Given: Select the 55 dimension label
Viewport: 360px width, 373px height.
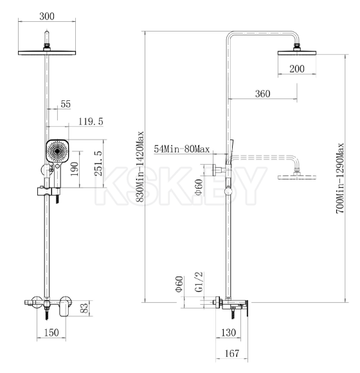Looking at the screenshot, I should (65, 104).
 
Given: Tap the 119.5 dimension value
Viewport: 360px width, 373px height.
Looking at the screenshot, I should (90, 122).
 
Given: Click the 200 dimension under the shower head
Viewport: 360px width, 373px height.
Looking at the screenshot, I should (297, 69).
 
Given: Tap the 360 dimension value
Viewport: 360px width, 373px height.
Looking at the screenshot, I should (262, 94).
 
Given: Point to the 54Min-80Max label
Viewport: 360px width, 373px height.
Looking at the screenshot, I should (182, 149).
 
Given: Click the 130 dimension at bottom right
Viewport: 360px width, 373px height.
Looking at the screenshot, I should (227, 332).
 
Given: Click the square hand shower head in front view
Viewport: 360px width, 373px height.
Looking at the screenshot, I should (57, 152).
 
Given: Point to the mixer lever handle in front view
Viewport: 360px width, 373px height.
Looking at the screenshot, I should (63, 309).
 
